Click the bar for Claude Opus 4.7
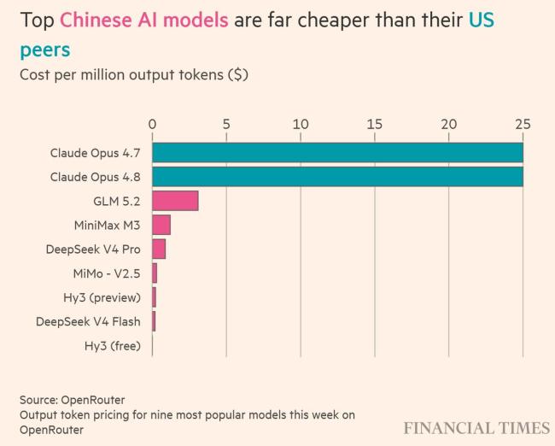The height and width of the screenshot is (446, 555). tap(337, 153)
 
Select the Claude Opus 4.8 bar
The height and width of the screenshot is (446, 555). tap(337, 177)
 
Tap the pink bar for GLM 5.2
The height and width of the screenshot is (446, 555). tap(175, 201)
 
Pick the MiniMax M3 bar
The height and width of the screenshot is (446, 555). tap(161, 225)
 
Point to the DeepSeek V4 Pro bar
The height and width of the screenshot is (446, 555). tap(159, 249)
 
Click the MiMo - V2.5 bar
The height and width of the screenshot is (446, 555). tap(155, 273)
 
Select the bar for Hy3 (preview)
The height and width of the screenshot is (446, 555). tap(154, 297)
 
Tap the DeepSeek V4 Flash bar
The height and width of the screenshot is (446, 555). tap(154, 321)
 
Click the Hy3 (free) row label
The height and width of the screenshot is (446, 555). tap(113, 346)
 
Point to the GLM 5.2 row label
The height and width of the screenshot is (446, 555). tap(117, 202)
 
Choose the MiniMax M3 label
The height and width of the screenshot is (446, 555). tap(108, 226)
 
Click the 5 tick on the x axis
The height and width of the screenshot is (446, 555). tap(226, 125)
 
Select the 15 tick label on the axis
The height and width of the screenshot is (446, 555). tap(375, 125)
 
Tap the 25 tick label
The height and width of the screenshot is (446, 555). tap(523, 125)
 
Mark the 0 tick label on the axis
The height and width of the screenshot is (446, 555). tap(152, 125)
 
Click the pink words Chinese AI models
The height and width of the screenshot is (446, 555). tap(144, 20)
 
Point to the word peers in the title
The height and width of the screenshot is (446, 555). tap(45, 50)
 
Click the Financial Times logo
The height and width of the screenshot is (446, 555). tap(476, 428)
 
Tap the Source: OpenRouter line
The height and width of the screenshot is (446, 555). tap(73, 400)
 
